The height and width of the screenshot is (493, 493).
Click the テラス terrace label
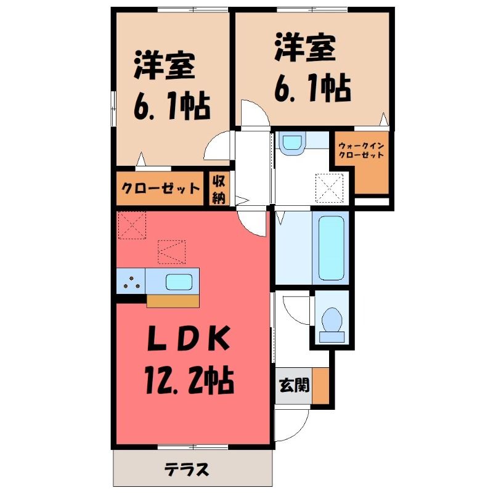click(x=187, y=470)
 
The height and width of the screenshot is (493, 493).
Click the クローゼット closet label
click(x=161, y=189)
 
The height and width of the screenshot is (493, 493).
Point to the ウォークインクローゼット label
click(x=361, y=150)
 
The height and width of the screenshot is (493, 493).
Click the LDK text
click(x=189, y=338)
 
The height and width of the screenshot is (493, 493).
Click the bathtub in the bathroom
click(x=332, y=248)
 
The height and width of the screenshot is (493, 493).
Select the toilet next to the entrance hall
click(x=332, y=324)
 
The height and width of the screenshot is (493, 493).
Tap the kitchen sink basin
click(x=179, y=282)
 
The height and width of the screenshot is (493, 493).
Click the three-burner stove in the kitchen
click(x=131, y=281)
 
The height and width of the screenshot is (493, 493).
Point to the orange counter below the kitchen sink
click(x=173, y=301)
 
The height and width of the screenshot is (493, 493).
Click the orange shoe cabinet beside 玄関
click(x=320, y=386)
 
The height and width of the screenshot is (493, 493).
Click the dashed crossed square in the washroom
click(x=329, y=189)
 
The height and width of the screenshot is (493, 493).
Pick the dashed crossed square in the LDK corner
click(x=132, y=225)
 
